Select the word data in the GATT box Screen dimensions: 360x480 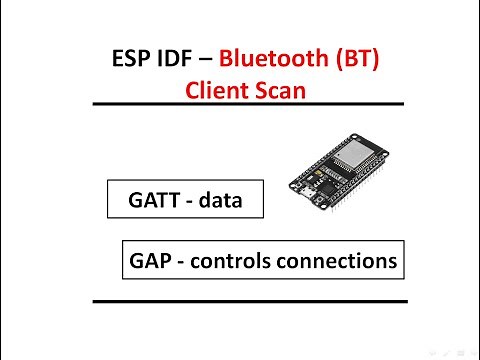tap(232, 201)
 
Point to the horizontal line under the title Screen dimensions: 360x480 tap(247, 103)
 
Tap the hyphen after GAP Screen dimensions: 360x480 tap(185, 261)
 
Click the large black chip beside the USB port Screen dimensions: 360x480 tap(330, 187)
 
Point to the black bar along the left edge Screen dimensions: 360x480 tap(3, 180)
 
